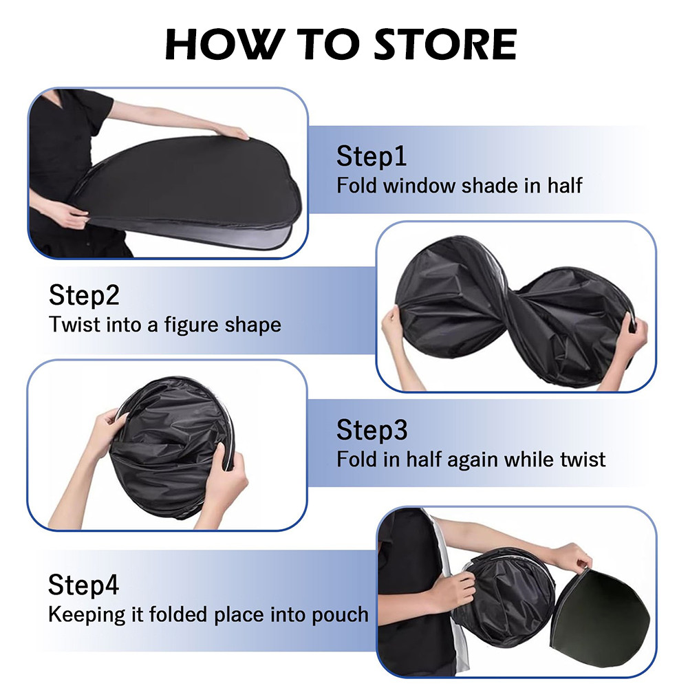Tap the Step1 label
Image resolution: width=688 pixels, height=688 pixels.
click(372, 157)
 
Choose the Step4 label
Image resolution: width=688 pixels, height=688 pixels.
click(84, 585)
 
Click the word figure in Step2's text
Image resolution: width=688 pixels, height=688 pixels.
click(195, 324)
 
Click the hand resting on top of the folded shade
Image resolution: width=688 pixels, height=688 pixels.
click(231, 131)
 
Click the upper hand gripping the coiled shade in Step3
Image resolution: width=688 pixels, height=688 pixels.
click(107, 427)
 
